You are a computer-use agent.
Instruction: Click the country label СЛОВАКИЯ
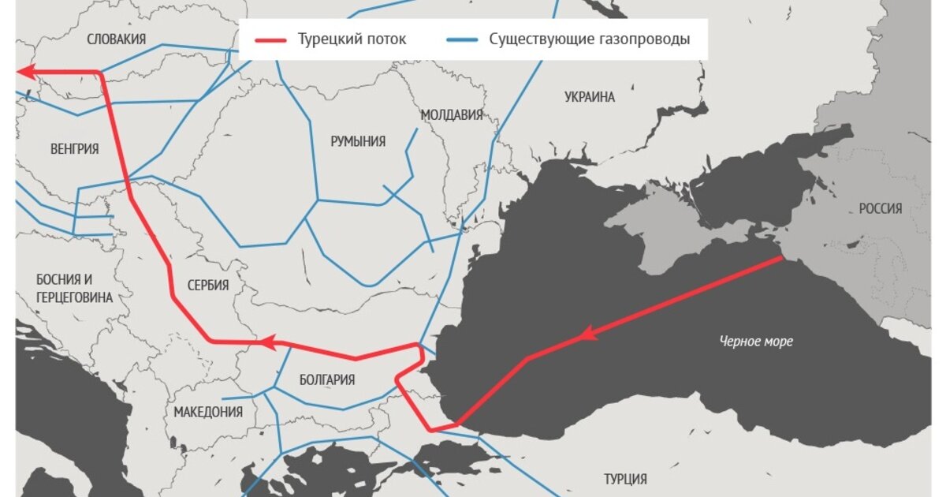click(117, 39)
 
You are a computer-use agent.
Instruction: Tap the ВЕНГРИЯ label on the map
click(74, 148)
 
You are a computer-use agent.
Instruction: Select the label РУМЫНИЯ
click(358, 141)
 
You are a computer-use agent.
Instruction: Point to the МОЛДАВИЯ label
click(451, 115)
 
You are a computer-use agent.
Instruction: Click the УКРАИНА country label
click(590, 97)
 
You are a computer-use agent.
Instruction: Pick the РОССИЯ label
click(881, 208)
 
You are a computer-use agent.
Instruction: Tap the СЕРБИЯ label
click(208, 286)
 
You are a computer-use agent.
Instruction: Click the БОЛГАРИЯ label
click(327, 379)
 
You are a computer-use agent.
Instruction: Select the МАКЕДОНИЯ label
click(208, 412)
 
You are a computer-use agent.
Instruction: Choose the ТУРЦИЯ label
click(625, 479)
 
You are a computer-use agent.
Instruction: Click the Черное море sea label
click(756, 342)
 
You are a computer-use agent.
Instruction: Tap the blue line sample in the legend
click(461, 40)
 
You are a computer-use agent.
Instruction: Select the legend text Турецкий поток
click(352, 40)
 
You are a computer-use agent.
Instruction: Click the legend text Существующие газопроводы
click(589, 40)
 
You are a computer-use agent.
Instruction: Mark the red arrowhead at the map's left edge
click(24, 73)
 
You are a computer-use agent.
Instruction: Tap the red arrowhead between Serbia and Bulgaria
click(268, 343)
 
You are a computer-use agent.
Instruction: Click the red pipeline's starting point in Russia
click(780, 257)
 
